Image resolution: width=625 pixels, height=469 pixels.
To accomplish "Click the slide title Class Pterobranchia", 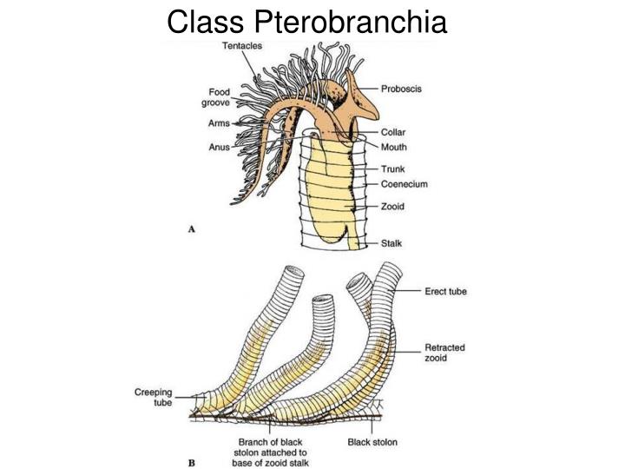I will (x=307, y=21).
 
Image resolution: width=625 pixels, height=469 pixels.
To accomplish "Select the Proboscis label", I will (x=402, y=89).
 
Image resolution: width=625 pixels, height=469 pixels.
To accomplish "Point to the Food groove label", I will (x=216, y=96).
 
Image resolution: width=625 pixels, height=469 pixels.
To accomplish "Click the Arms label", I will (x=219, y=123).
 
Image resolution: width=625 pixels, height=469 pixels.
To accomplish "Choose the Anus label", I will (x=219, y=147).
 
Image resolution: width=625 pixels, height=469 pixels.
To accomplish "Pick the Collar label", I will (x=393, y=133).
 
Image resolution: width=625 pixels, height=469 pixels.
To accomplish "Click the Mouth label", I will (x=394, y=147).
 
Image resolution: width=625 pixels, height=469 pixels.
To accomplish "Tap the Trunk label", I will (x=393, y=168).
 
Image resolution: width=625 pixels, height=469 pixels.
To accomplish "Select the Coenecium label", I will (x=404, y=184).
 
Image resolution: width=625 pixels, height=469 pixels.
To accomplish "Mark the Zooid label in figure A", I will (x=393, y=207).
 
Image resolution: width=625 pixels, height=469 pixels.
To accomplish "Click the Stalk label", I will (x=392, y=244).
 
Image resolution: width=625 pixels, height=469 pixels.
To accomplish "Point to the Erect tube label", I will (x=445, y=292).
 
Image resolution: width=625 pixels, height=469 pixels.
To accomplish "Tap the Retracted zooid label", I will (x=444, y=353).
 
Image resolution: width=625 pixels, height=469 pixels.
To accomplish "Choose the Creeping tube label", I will (x=152, y=398).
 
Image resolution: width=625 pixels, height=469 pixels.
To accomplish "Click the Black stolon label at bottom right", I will (x=372, y=442).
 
